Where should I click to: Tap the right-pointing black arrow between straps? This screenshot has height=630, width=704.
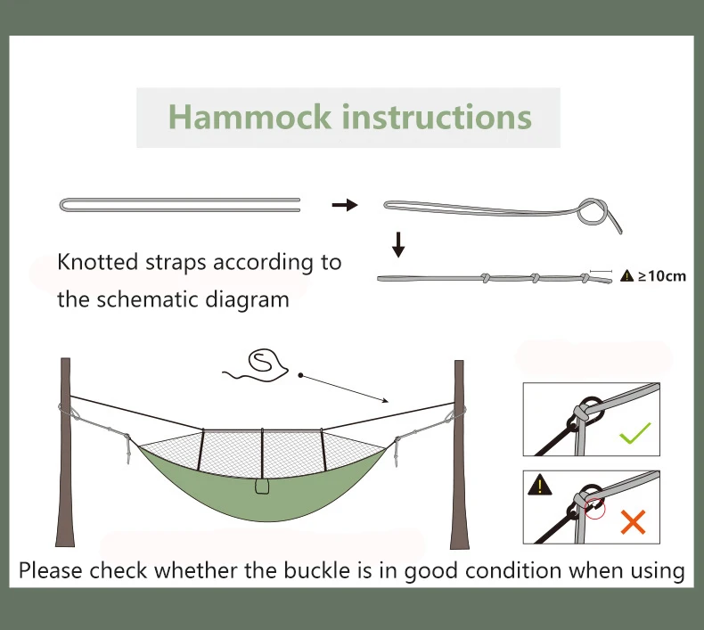click(x=344, y=205)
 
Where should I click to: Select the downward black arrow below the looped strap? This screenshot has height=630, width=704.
click(x=398, y=243)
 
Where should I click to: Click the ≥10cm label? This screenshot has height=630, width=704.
click(x=662, y=275)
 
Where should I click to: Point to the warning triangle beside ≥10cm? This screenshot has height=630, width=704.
click(x=627, y=275)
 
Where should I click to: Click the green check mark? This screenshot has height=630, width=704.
click(x=634, y=435)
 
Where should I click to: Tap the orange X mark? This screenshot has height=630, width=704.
click(x=633, y=521)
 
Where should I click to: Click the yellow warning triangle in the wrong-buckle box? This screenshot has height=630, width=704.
click(x=539, y=486)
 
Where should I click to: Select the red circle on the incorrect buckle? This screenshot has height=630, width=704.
click(x=594, y=508)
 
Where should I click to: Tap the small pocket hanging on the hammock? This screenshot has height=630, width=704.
click(x=262, y=487)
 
